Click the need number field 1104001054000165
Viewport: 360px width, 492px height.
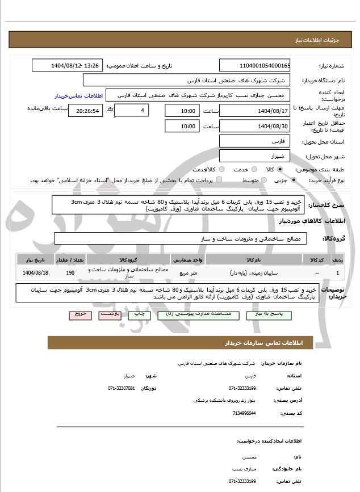254,65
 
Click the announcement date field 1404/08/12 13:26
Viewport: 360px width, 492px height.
67,65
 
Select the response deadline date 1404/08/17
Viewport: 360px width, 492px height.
254,110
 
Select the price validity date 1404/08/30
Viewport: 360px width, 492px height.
254,125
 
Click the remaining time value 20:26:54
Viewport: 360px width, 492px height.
86,111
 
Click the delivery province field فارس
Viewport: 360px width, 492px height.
254,141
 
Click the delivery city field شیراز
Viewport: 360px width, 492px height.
254,155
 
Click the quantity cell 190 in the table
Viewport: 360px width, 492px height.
70,273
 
